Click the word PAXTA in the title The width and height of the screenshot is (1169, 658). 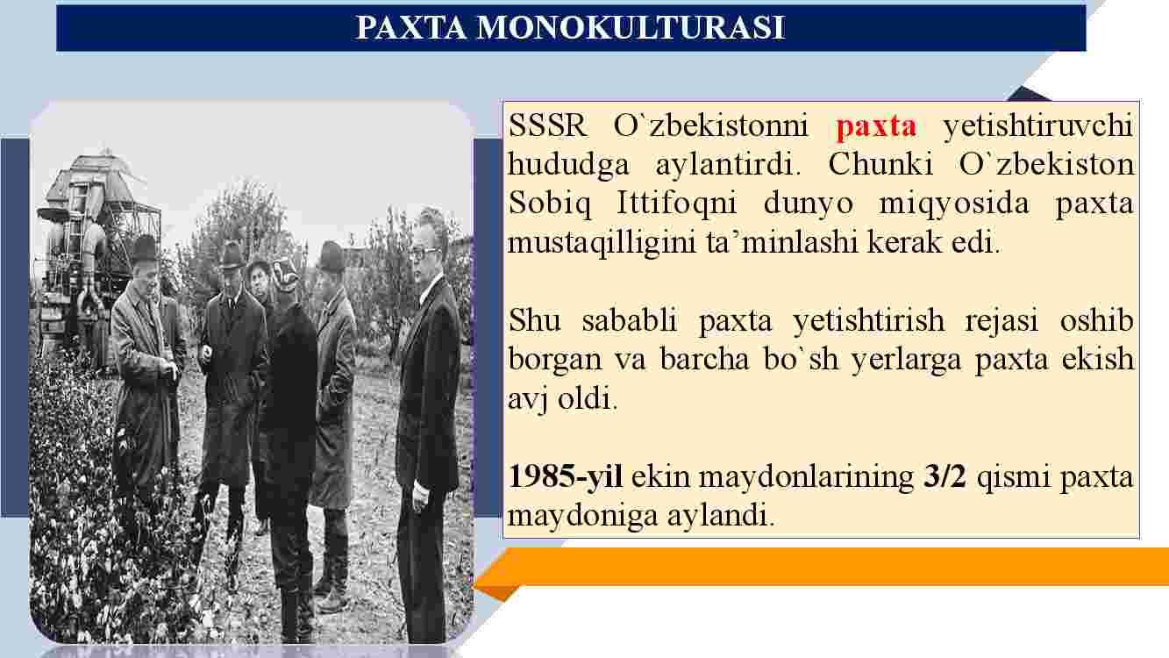[x=410, y=28]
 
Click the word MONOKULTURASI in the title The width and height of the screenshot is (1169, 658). [x=631, y=28]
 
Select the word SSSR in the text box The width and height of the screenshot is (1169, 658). [x=547, y=125]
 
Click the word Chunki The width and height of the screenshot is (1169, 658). [x=880, y=164]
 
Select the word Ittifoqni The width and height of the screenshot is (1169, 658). [x=676, y=204]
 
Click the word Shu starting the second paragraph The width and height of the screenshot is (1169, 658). [x=535, y=320]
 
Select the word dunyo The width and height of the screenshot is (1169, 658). [x=809, y=204]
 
